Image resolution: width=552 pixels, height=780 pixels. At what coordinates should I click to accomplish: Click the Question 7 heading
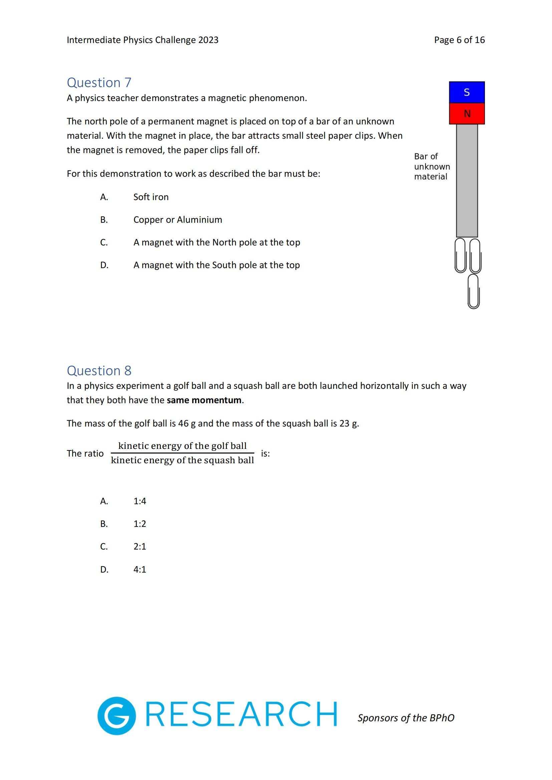click(x=99, y=83)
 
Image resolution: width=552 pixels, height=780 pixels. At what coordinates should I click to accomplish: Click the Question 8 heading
click(x=99, y=370)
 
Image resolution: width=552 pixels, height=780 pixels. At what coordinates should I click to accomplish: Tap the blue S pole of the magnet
click(x=467, y=92)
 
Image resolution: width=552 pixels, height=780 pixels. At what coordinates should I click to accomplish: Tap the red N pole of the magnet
click(x=467, y=113)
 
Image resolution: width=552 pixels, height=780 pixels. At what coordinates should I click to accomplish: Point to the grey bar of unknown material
click(x=467, y=180)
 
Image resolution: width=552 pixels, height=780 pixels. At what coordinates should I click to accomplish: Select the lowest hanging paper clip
click(x=474, y=291)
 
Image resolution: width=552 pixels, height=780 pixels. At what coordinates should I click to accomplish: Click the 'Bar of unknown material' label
click(x=432, y=166)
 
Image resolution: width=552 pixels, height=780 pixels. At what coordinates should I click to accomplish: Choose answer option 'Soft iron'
click(x=151, y=197)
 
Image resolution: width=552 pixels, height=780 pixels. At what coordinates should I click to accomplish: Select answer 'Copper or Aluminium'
click(x=178, y=220)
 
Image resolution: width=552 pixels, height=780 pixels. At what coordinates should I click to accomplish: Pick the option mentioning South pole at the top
click(x=217, y=265)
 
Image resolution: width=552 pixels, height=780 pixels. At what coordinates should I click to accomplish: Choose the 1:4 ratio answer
click(x=140, y=501)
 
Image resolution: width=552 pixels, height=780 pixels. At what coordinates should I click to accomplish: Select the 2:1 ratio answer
click(x=140, y=546)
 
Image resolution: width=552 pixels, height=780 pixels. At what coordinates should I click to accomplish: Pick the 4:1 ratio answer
click(x=140, y=569)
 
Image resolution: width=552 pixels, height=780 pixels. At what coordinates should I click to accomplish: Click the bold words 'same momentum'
click(x=204, y=400)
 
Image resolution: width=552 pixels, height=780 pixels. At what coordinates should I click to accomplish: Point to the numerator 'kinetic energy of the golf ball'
click(x=182, y=446)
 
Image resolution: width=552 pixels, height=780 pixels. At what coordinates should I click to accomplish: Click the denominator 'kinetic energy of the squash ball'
click(x=182, y=460)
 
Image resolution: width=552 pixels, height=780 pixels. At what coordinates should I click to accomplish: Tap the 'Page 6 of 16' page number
click(x=459, y=40)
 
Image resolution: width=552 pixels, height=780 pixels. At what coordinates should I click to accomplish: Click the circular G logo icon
click(x=116, y=716)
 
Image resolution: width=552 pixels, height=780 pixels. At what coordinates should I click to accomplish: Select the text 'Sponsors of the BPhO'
click(x=406, y=718)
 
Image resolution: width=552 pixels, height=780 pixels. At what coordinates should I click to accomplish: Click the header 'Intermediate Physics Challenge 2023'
click(x=143, y=40)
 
